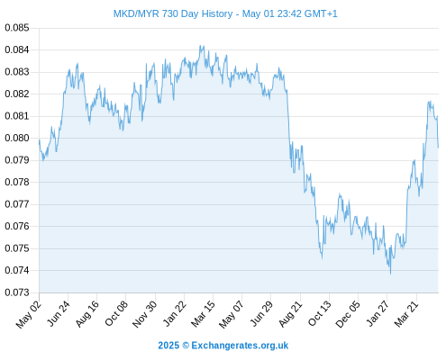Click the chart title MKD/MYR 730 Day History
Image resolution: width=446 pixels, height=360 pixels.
point(173,13)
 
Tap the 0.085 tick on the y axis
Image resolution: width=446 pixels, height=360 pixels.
point(17,28)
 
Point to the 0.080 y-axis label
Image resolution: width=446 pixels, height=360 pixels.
point(17,139)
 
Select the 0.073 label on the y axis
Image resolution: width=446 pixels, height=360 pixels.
point(17,292)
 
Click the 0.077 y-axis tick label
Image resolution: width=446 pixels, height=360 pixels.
point(17,204)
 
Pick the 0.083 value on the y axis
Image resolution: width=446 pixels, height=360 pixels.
point(17,72)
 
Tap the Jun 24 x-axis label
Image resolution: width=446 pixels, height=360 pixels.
point(59,313)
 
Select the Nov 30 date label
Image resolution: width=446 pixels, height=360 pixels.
point(145,314)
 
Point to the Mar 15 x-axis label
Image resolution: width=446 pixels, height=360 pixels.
point(204,313)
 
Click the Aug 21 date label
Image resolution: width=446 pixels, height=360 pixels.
point(290,313)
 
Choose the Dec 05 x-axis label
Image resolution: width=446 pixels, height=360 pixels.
point(348,314)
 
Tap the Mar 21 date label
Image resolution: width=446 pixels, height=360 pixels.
point(406,313)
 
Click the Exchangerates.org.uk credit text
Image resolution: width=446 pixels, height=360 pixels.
point(240,346)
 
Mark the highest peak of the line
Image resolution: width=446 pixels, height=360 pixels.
point(200,46)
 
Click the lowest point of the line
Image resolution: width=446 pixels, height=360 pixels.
point(390,274)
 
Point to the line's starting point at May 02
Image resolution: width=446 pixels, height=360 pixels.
point(39,139)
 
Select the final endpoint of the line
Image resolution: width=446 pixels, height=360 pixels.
point(438,148)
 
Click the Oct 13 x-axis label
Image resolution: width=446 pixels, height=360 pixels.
point(320,313)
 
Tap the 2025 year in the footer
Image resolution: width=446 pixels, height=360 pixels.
point(168,346)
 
